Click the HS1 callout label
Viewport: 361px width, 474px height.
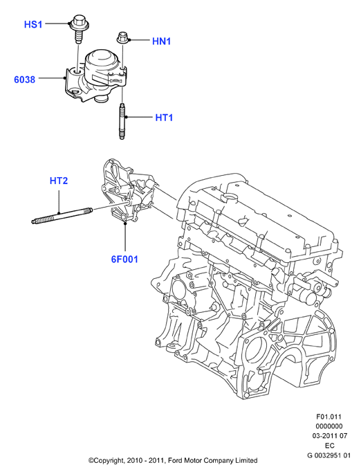pos(33,24)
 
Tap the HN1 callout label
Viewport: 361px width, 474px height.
pos(162,41)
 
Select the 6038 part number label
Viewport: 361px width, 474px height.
pos(24,80)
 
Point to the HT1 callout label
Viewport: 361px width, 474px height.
pos(164,118)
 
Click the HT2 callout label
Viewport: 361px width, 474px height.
pos(59,181)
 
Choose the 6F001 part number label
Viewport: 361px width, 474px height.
pos(124,259)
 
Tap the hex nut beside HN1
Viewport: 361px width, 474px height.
pos(122,38)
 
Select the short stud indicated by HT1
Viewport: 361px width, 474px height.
pos(122,121)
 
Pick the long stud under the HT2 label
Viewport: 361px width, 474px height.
pos(62,215)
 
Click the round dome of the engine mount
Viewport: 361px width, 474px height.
pos(102,60)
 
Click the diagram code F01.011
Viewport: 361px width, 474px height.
pos(328,417)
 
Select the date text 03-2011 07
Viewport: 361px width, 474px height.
pos(330,436)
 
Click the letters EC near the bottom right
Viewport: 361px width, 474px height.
pos(330,446)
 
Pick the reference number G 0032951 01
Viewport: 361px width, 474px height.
pos(329,455)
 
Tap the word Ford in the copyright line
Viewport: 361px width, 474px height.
pos(176,461)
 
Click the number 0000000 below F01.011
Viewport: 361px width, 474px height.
pos(329,426)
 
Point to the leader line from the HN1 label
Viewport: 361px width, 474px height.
pos(139,40)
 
